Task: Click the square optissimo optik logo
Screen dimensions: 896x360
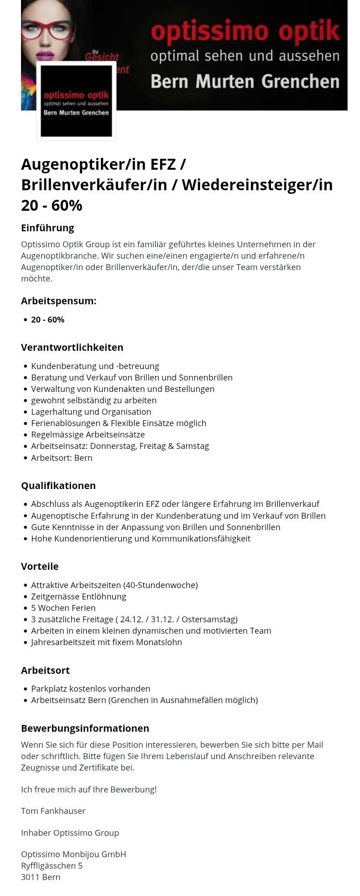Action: point(76,101)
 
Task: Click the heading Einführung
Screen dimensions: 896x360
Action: point(47,228)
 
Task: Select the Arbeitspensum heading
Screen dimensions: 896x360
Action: point(58,301)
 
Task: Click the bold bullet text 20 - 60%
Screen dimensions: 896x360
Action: point(47,320)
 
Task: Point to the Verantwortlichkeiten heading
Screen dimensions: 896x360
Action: point(72,347)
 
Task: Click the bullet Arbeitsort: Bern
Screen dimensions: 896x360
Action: point(62,458)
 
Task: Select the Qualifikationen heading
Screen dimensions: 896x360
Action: point(58,485)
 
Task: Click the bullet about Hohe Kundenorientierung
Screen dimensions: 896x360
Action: point(141,539)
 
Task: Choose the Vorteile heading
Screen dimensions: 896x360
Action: point(40,566)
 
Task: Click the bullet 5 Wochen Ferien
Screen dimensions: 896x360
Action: point(63,608)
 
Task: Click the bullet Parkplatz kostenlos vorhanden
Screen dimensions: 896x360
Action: point(90,689)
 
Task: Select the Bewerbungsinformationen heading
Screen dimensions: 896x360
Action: point(85,728)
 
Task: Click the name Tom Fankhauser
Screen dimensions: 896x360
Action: point(53,811)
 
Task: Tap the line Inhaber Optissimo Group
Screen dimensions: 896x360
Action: point(70,833)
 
